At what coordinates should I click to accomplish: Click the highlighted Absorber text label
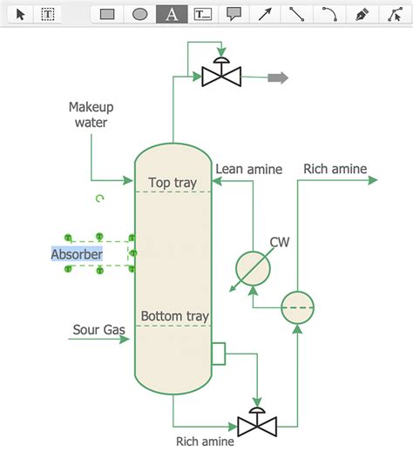pos(77,254)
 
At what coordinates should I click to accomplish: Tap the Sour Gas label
pos(98,330)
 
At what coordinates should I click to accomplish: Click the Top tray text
pos(173,183)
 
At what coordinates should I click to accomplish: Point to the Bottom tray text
pos(174,316)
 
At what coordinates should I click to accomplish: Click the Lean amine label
pos(248,170)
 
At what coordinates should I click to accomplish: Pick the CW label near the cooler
pos(279,242)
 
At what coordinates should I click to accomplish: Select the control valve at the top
pos(221,76)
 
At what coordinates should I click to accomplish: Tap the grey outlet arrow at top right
pos(277,77)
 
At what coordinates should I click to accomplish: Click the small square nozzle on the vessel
pos(218,354)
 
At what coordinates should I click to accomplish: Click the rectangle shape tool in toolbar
pos(107,14)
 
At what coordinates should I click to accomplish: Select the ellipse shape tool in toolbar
pos(139,14)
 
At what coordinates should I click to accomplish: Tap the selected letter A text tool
pos(172,14)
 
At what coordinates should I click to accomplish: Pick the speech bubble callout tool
pos(234,14)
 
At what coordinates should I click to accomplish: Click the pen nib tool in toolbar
pos(362,14)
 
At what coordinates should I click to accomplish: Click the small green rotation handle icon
pos(99,199)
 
